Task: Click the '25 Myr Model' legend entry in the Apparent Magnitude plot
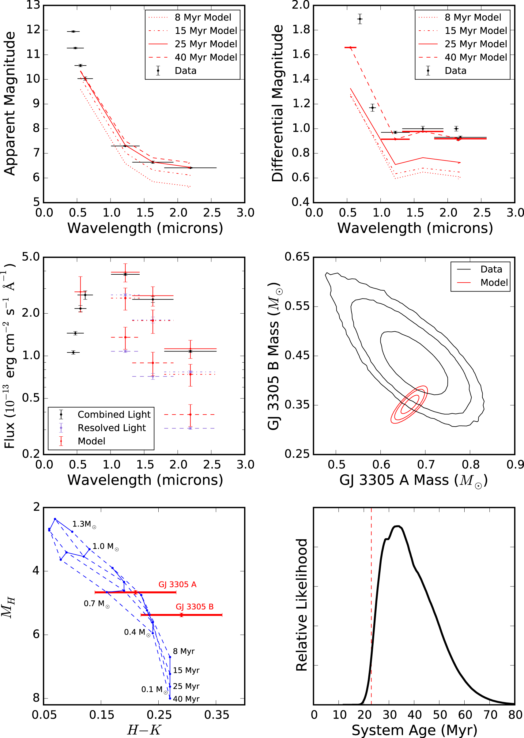pos(205,44)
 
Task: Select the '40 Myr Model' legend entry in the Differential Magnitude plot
pos(476,57)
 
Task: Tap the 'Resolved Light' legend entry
pos(112,428)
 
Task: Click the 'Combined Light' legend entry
pos(114,415)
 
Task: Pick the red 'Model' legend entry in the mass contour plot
pos(494,283)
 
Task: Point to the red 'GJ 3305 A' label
pos(177,585)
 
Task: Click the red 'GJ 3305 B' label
pos(194,607)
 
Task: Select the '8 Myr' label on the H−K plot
pos(183,651)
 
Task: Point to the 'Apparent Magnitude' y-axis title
pos(10,103)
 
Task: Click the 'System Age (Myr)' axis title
pos(414,730)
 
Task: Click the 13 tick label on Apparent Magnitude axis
pos(33,5)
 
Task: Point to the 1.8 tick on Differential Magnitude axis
pos(300,30)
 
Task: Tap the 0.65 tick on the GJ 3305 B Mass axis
pos(297,257)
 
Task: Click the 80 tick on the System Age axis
pos(515,715)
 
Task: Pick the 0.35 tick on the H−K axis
pos(217,715)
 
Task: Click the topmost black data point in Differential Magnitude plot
pos(360,19)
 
